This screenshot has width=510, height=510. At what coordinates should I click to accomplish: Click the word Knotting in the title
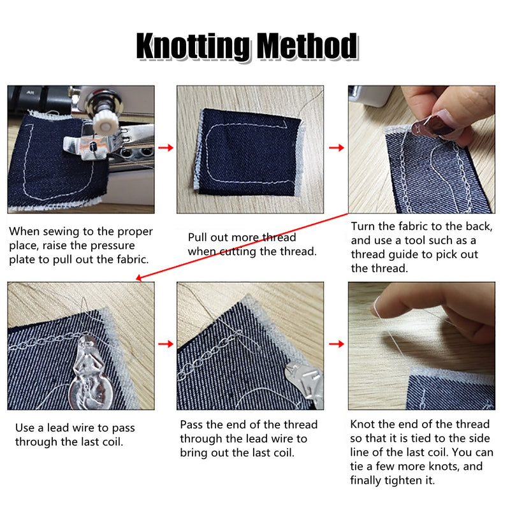[194, 47]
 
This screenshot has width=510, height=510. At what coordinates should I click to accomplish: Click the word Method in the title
[308, 46]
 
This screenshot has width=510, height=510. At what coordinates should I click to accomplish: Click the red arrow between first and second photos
[166, 148]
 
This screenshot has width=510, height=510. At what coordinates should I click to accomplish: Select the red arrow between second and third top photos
[337, 148]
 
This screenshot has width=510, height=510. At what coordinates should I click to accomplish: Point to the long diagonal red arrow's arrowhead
[139, 277]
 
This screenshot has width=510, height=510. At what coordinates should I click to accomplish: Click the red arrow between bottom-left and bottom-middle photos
[166, 344]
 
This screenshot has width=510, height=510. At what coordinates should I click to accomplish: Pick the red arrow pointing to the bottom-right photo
[337, 344]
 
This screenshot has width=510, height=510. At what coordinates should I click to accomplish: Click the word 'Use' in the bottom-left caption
[25, 428]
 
